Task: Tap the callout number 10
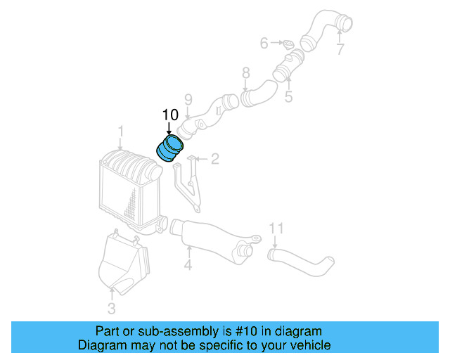click(170, 115)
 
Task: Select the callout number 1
click(120, 131)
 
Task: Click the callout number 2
click(215, 159)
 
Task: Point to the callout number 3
click(112, 308)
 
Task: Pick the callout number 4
click(188, 265)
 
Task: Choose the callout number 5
click(288, 96)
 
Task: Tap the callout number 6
click(264, 44)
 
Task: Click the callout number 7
click(340, 50)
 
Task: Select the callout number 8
click(245, 72)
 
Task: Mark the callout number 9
click(188, 98)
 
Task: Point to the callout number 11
click(276, 228)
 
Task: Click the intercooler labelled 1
click(127, 186)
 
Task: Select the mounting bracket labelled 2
click(188, 183)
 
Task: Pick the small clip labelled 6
click(288, 44)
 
